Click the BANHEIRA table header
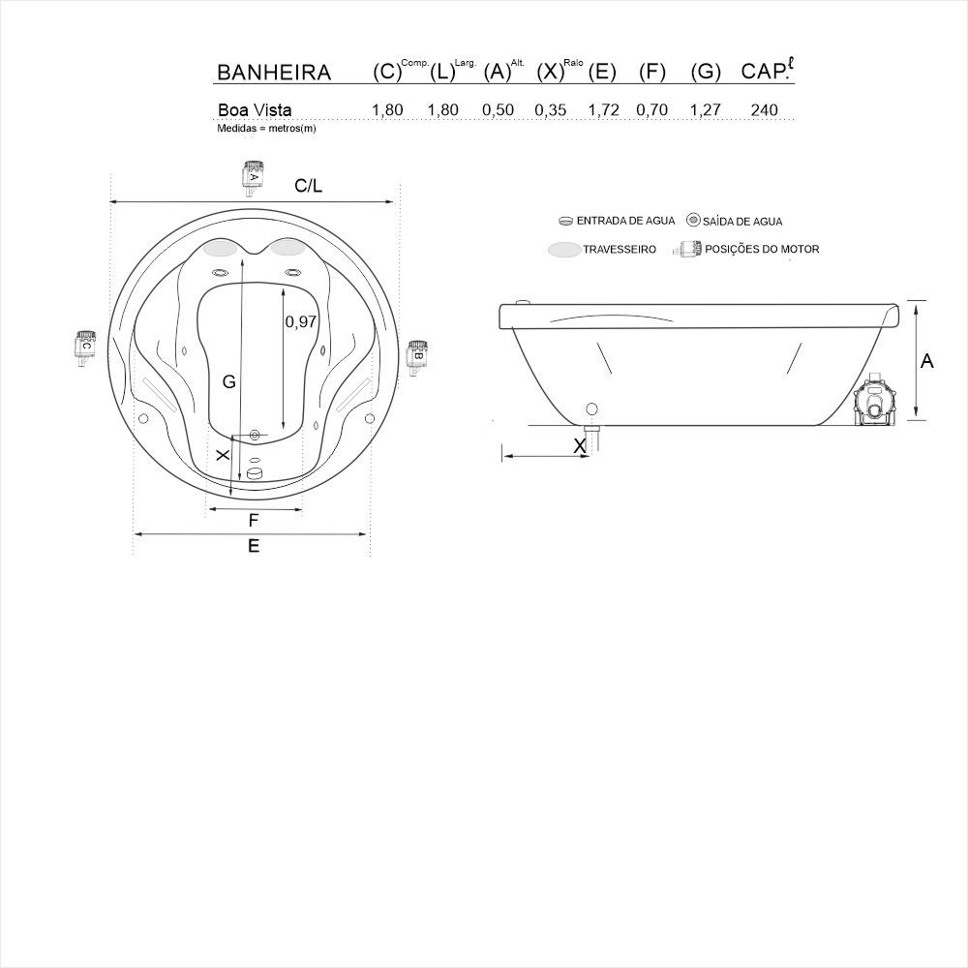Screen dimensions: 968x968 [x=274, y=73]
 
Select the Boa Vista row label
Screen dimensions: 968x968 [x=255, y=110]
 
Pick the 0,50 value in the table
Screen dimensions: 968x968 [x=498, y=110]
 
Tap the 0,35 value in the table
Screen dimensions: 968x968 [x=550, y=110]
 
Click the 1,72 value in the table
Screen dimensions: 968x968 [x=603, y=110]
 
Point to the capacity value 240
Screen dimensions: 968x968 [x=765, y=110]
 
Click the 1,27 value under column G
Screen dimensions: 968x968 [x=705, y=110]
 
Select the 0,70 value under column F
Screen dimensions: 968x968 [x=651, y=110]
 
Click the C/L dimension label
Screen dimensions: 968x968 [x=308, y=185]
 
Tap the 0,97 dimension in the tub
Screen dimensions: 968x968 [x=301, y=321]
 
